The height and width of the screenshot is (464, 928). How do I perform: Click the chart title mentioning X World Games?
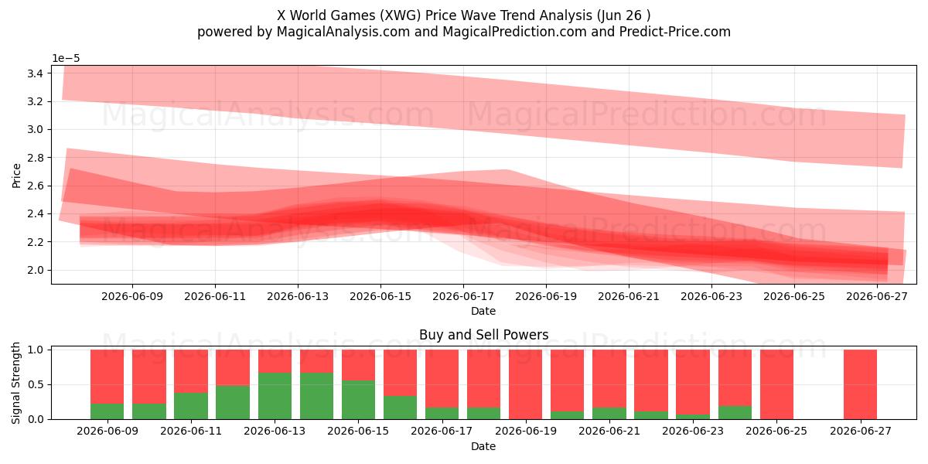point(463,15)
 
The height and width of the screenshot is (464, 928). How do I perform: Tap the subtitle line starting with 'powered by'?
point(463,32)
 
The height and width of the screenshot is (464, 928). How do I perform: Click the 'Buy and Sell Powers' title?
point(483,335)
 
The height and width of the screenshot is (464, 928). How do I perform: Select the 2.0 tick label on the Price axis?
point(36,270)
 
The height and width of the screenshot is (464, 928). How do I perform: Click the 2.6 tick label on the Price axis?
point(36,186)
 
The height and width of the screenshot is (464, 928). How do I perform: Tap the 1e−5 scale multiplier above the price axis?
point(66,59)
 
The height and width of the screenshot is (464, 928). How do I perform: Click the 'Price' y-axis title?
point(16,176)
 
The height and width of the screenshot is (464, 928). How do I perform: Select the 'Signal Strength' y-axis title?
point(15,383)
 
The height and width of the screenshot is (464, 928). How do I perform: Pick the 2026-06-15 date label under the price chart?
point(380,297)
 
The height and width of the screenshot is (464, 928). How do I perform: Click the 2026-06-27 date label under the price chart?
point(877,297)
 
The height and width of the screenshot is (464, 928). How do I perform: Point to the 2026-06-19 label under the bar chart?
point(526,432)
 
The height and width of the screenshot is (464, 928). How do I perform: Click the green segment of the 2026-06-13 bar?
point(275,396)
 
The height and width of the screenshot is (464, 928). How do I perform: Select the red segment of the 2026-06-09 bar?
point(107,377)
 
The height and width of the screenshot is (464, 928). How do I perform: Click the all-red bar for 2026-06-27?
point(860,384)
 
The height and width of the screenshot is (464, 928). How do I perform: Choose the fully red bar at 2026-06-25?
point(776,384)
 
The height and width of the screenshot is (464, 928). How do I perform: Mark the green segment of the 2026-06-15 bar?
point(358,400)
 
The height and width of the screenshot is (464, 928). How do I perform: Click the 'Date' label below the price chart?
point(483,311)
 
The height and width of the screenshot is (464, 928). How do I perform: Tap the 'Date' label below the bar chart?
point(483,447)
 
